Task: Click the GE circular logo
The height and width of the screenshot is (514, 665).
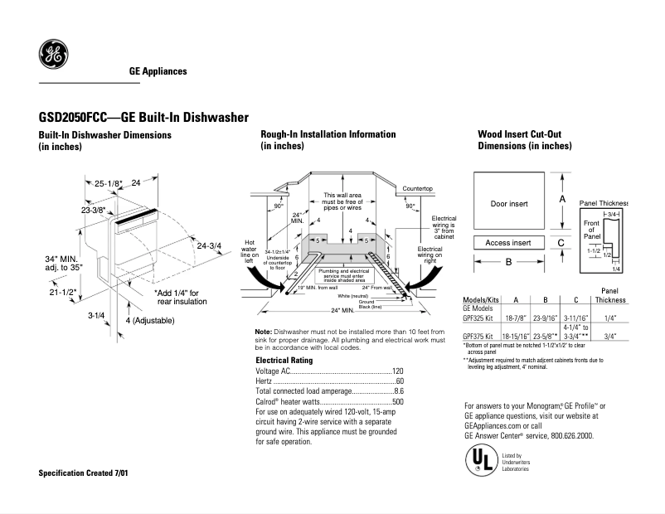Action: pyautogui.click(x=53, y=56)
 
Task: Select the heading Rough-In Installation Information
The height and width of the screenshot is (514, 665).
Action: pyautogui.click(x=328, y=134)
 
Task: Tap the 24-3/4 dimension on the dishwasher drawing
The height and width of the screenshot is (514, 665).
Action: pyautogui.click(x=209, y=245)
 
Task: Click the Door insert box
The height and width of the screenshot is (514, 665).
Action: pyautogui.click(x=508, y=203)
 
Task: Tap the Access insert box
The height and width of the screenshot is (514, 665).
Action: pyautogui.click(x=508, y=243)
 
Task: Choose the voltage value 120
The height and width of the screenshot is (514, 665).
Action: pyautogui.click(x=397, y=371)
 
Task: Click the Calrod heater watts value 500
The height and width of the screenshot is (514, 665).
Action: pyautogui.click(x=397, y=401)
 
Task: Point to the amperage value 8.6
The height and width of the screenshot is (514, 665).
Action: pyautogui.click(x=398, y=391)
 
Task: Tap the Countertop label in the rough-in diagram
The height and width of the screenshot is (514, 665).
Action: pyautogui.click(x=418, y=189)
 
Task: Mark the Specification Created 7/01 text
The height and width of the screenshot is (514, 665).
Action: pyautogui.click(x=84, y=473)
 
